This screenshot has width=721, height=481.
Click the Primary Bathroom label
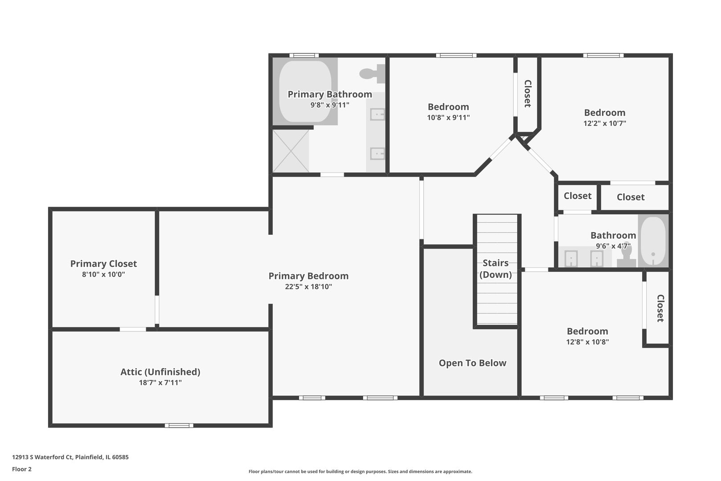pyautogui.click(x=330, y=94)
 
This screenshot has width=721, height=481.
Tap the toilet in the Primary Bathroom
pyautogui.click(x=372, y=73)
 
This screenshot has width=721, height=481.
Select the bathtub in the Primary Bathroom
pyautogui.click(x=305, y=91)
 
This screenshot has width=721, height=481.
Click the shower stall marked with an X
pyautogui.click(x=291, y=151)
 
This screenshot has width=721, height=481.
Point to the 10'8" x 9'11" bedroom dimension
pyautogui.click(x=448, y=118)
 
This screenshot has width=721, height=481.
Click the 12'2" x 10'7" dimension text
pyautogui.click(x=604, y=123)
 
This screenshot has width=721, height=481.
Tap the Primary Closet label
pyautogui.click(x=103, y=264)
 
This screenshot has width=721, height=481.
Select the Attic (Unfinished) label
pyautogui.click(x=160, y=372)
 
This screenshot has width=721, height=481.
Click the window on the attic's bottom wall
pyautogui.click(x=179, y=426)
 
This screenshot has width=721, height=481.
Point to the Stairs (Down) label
pyautogui.click(x=496, y=269)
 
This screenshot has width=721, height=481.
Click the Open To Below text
pyautogui.click(x=473, y=363)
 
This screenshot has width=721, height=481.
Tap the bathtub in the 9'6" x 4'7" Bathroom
pyautogui.click(x=653, y=240)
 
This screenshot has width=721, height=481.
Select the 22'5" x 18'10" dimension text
pyautogui.click(x=308, y=287)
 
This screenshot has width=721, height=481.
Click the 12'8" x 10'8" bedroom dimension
pyautogui.click(x=587, y=342)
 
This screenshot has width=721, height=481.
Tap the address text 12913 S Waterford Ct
pyautogui.click(x=42, y=457)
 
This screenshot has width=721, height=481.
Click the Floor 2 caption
pyautogui.click(x=22, y=469)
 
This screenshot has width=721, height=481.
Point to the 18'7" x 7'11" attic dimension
pyautogui.click(x=160, y=383)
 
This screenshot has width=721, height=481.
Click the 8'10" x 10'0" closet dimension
pyautogui.click(x=103, y=274)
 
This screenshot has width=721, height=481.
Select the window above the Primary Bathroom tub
pyautogui.click(x=304, y=55)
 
